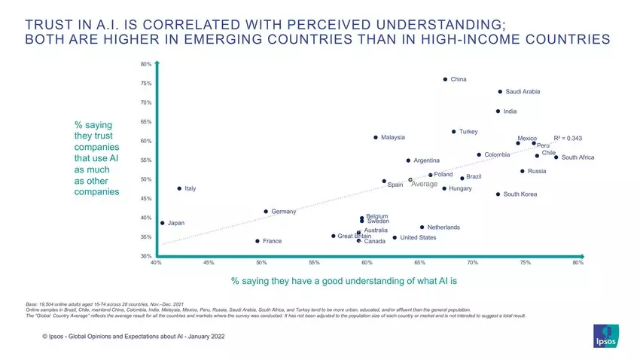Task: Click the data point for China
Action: pyautogui.click(x=445, y=79)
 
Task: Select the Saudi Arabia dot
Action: pyautogui.click(x=500, y=92)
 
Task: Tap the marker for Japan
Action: pyautogui.click(x=163, y=223)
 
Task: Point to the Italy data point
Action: pyautogui.click(x=179, y=188)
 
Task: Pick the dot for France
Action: pyautogui.click(x=258, y=241)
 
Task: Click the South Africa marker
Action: pyautogui.click(x=556, y=157)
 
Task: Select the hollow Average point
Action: pyautogui.click(x=410, y=180)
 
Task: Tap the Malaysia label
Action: pyautogui.click(x=393, y=138)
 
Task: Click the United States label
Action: pyautogui.click(x=418, y=238)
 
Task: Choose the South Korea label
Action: pyautogui.click(x=520, y=195)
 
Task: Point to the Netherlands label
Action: pyautogui.click(x=443, y=227)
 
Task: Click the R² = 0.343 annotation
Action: pyautogui.click(x=568, y=139)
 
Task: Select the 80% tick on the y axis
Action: pyautogui.click(x=146, y=65)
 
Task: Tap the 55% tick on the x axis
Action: pyautogui.click(x=315, y=263)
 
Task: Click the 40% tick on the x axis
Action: pyautogui.click(x=156, y=263)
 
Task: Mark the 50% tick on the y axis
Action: pyautogui.click(x=146, y=180)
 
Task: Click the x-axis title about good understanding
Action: pyautogui.click(x=344, y=280)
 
